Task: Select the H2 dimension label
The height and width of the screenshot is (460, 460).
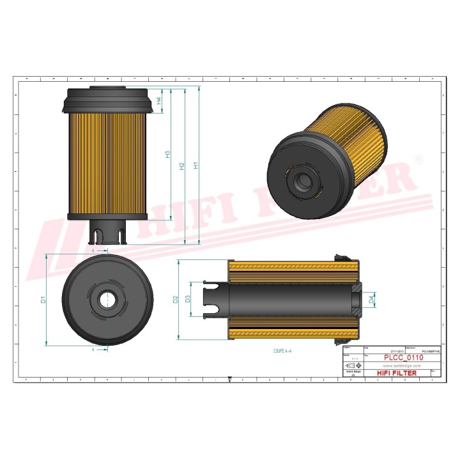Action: point(182,166)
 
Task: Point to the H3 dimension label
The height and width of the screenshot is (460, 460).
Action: point(168,154)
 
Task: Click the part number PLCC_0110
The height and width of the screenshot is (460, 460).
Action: point(403,358)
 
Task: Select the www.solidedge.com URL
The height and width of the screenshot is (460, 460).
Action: point(401,365)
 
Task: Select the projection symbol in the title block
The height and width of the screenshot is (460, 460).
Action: point(352,365)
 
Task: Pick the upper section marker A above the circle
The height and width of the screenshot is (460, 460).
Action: point(94,251)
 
